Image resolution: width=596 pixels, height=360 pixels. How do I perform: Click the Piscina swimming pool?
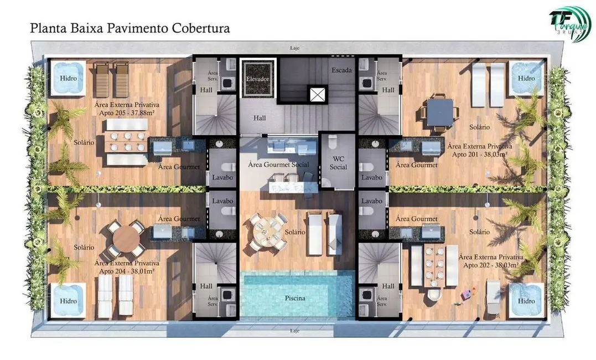click(x=296, y=296)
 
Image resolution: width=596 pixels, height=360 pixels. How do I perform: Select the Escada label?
click(x=341, y=70)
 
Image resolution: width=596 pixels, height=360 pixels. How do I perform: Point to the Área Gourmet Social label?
click(x=278, y=164)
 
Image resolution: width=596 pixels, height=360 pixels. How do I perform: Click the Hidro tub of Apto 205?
click(x=68, y=78)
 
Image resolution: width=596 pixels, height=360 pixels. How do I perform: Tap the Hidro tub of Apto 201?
click(x=526, y=78)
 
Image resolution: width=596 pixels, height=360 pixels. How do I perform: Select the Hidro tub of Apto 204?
click(x=68, y=301)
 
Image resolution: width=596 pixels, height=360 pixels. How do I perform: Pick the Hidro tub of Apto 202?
click(x=526, y=301)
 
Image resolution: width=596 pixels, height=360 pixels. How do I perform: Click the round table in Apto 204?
click(x=127, y=239)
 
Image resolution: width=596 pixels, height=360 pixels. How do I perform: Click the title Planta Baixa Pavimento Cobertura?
click(x=130, y=27)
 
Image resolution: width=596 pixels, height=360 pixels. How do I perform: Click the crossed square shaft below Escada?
click(x=318, y=95)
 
